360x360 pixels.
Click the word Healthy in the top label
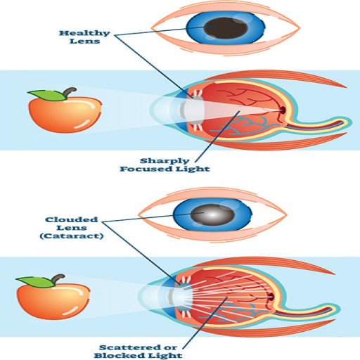coord(84,33)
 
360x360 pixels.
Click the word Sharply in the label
coord(165,161)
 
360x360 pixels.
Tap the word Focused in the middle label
coord(146,169)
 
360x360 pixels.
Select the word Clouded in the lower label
coord(72,219)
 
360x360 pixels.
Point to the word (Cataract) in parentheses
coord(72,236)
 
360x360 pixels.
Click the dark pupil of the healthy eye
coord(226,28)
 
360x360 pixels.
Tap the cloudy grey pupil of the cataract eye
coord(212,214)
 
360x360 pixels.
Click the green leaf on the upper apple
coord(47,95)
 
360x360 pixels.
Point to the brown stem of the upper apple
coord(70,91)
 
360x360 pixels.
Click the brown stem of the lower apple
coord(58,278)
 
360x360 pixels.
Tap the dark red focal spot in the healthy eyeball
coord(283,110)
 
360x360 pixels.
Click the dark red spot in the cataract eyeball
coord(271,297)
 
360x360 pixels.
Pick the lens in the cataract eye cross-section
coord(181,297)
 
